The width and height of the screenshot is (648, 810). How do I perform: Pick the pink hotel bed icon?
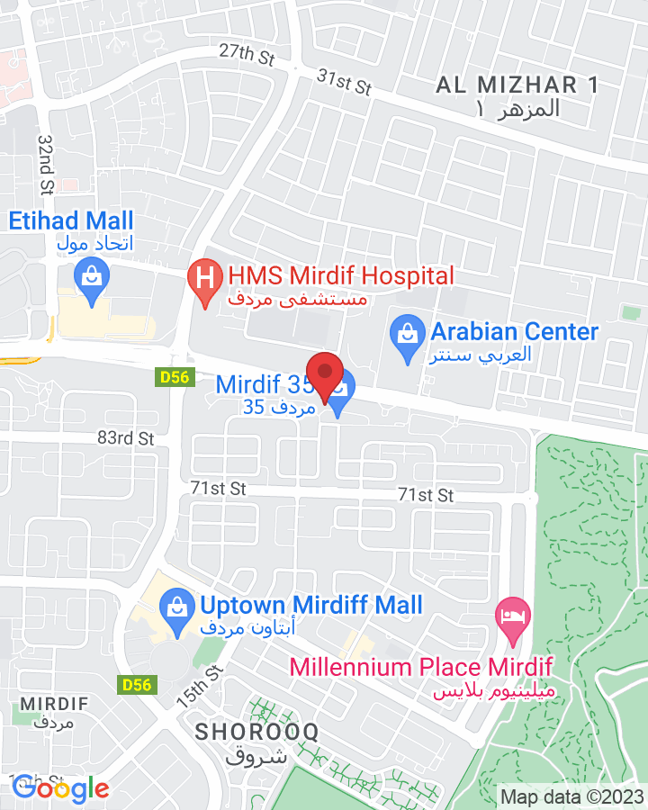pos(514,618)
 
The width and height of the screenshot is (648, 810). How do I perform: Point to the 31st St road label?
pos(344,82)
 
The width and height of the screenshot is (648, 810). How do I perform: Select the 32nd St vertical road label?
pos(46,164)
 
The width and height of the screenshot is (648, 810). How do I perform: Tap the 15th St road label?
pos(212,685)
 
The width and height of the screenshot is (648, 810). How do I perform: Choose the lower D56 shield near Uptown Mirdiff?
pos(137,685)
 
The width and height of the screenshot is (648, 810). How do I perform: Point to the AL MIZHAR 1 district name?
pos(517,86)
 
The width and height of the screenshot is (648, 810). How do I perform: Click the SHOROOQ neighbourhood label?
pos(257,732)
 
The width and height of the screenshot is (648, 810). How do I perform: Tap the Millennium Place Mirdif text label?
pos(420,668)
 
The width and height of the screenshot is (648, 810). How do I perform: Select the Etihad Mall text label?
pos(71,220)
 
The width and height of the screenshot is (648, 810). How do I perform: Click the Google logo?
pos(60,789)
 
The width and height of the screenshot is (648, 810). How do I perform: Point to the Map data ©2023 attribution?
pos(571,796)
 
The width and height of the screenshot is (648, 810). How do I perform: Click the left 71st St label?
pos(218,488)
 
